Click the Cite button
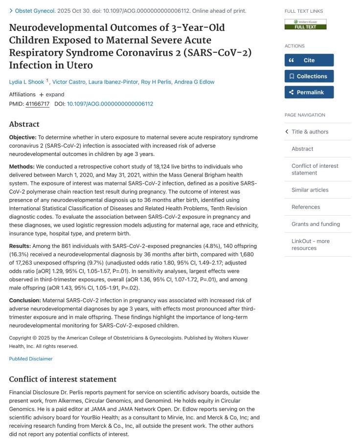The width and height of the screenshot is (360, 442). tap(309, 60)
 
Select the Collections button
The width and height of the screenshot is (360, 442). tap(309, 76)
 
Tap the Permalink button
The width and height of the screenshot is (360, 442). tap(309, 92)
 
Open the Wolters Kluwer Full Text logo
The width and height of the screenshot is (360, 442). tap(305, 24)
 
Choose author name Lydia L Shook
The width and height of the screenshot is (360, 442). tap(26, 82)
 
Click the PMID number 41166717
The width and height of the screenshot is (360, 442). tap(37, 104)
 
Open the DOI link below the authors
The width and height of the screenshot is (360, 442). tap(110, 104)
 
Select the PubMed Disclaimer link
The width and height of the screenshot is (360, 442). tap(31, 359)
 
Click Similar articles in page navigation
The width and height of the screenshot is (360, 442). tap(310, 190)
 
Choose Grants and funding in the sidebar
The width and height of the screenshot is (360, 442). tap(315, 224)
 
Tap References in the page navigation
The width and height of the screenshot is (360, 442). tap(306, 207)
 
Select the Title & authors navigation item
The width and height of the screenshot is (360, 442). tap(310, 132)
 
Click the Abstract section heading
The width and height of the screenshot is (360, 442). tap(24, 124)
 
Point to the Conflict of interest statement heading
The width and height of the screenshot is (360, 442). tap(63, 379)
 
